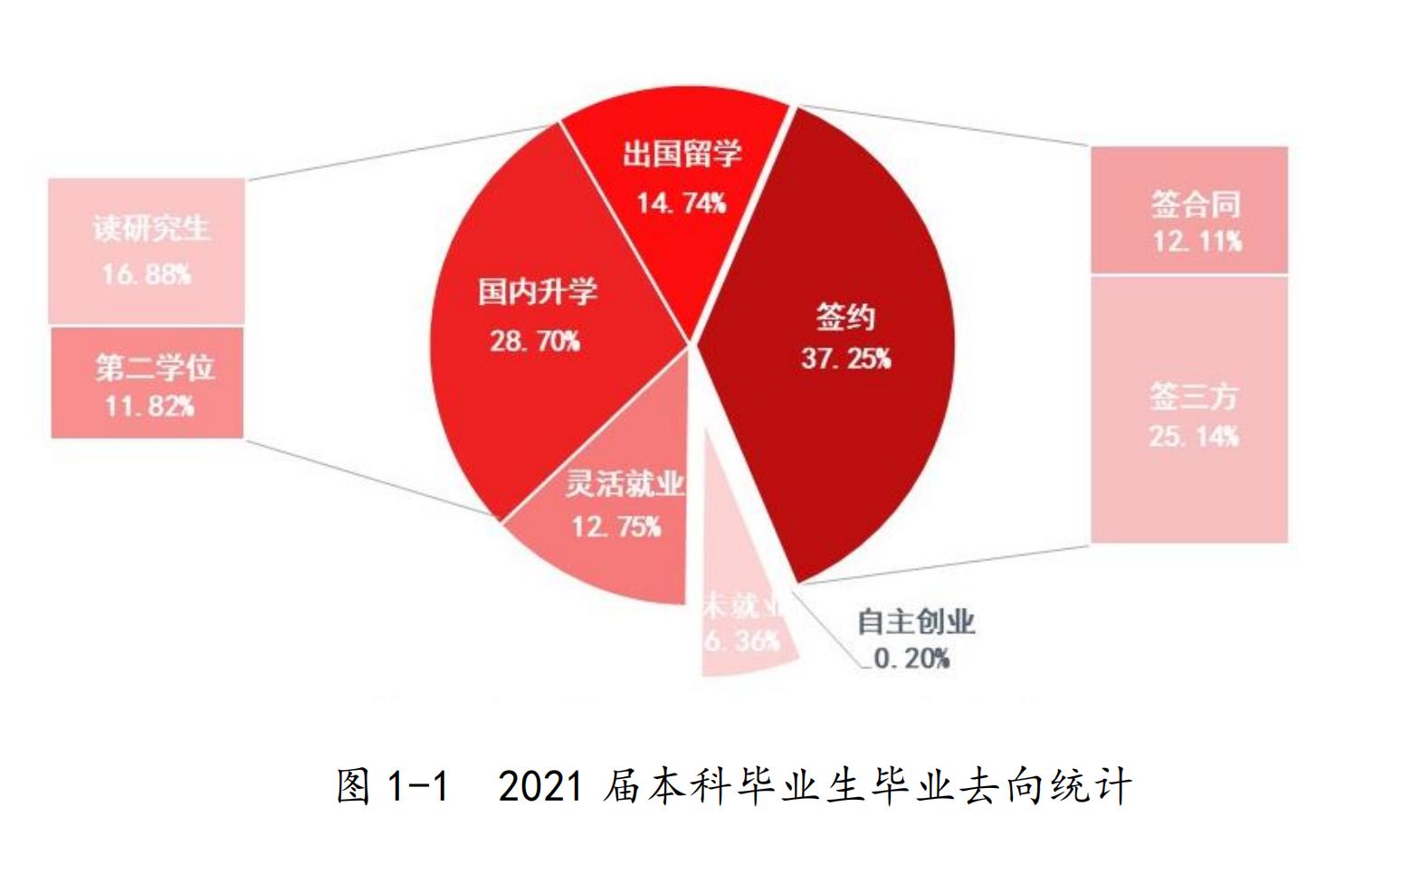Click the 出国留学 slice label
[x=682, y=154]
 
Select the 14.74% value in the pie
[x=682, y=202]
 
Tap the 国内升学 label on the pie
[x=538, y=292]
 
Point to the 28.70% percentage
[x=535, y=340]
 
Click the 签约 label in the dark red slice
[x=845, y=317]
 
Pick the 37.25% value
[x=845, y=358]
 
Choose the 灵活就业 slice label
[x=624, y=483]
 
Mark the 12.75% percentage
[x=616, y=526]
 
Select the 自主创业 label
[x=915, y=622]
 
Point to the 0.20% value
[x=911, y=659]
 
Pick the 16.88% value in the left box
[x=147, y=273]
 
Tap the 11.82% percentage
[x=149, y=405]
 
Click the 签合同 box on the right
[x=1188, y=210]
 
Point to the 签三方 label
[x=1193, y=396]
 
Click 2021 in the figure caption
[x=540, y=785]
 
